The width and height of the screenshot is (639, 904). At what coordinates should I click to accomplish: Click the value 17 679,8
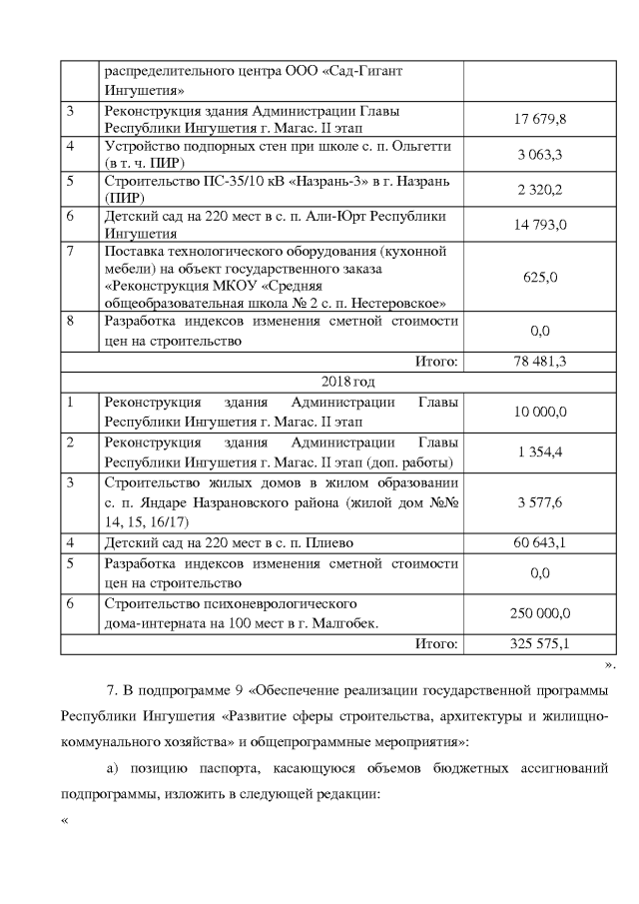click(540, 119)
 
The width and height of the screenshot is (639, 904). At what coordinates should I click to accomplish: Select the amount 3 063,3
click(540, 155)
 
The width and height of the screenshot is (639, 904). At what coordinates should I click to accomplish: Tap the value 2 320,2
click(540, 190)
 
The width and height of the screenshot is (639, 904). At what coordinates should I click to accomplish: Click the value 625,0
click(540, 277)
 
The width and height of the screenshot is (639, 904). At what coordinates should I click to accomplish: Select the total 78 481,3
click(540, 361)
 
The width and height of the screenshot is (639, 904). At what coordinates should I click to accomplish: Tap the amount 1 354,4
click(540, 452)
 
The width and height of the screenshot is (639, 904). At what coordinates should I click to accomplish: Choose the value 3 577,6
click(540, 501)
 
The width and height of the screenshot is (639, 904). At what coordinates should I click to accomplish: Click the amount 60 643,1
click(540, 543)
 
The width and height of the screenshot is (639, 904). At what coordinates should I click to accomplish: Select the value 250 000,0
click(540, 612)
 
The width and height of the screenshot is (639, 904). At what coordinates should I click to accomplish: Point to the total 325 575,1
click(540, 644)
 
